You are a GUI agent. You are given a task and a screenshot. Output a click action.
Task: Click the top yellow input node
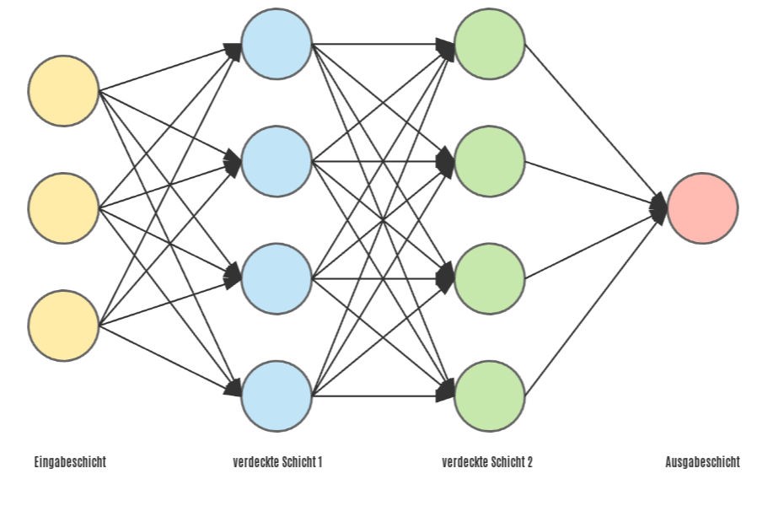coord(64,91)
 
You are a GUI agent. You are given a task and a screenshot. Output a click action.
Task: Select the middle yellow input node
coord(64,208)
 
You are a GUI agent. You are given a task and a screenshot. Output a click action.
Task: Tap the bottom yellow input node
coord(64,326)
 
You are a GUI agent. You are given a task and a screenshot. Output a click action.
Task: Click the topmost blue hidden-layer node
coord(276,44)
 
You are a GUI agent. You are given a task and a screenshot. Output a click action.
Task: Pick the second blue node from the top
coord(276,161)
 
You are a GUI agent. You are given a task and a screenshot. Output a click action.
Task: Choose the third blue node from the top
coord(276,278)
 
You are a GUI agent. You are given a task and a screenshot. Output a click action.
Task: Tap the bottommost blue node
coord(276,396)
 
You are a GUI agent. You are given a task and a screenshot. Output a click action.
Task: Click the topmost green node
coord(490,44)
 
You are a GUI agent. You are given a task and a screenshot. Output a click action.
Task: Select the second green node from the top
coord(490,161)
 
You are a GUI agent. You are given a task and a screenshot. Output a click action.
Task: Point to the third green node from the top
coord(490,278)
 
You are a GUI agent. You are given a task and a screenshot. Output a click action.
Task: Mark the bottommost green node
coord(490,396)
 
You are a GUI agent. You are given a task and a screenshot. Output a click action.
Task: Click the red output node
coord(702,208)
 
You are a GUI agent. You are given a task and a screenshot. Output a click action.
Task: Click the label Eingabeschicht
coord(70,462)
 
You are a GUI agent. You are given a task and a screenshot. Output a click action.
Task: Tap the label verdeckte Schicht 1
coord(277,462)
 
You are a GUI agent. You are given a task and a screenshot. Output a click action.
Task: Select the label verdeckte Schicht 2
coord(487,462)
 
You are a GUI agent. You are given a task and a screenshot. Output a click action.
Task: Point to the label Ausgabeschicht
coord(702,462)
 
